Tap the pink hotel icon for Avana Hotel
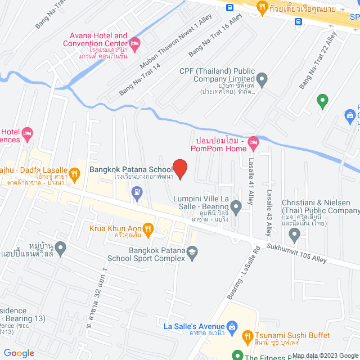coord(134,43)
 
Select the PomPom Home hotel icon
coord(254,143)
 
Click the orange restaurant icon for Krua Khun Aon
coord(148,228)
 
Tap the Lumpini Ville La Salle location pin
coord(236,209)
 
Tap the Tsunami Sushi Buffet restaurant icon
coord(246,337)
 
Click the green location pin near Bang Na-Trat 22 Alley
coord(322,102)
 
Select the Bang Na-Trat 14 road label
coord(140,79)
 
